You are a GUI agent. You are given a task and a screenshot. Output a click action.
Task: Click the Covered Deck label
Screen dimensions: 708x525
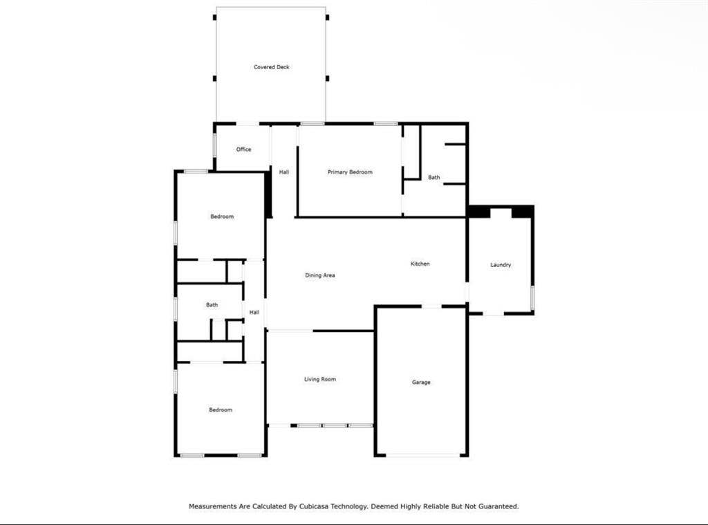click(x=271, y=67)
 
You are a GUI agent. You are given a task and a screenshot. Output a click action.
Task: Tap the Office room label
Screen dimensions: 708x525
click(x=243, y=149)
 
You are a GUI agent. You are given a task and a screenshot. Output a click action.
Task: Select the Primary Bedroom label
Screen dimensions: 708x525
click(x=350, y=172)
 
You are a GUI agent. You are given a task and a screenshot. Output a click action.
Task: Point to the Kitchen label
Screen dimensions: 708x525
click(x=420, y=264)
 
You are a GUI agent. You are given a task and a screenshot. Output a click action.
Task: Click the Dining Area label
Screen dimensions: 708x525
click(x=319, y=275)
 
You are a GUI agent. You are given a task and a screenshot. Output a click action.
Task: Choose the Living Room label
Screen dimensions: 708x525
click(x=319, y=379)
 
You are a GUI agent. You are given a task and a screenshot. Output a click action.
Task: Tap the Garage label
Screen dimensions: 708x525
click(x=421, y=383)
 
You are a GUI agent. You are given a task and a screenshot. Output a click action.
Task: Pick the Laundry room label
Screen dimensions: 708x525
click(x=501, y=265)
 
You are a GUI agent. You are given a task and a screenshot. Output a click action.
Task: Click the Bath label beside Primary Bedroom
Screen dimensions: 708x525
click(x=434, y=177)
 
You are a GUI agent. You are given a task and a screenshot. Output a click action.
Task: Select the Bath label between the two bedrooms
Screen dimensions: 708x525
click(x=212, y=305)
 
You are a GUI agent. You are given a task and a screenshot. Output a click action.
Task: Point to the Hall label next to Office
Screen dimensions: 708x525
click(x=283, y=172)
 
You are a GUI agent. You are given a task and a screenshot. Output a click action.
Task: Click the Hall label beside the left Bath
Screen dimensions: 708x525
click(x=254, y=312)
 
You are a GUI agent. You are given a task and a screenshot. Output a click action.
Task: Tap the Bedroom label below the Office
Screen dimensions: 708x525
click(x=222, y=217)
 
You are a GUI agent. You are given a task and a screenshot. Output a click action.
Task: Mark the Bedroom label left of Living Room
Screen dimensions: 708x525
click(x=221, y=409)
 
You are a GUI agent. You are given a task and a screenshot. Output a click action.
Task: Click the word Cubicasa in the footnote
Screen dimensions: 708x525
click(x=314, y=506)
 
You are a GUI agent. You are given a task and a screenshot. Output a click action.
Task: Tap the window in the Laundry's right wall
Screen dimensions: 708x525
click(x=532, y=297)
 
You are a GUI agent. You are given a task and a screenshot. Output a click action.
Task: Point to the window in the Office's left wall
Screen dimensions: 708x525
click(x=214, y=145)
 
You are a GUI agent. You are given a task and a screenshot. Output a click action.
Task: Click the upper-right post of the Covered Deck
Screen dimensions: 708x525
click(x=327, y=17)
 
